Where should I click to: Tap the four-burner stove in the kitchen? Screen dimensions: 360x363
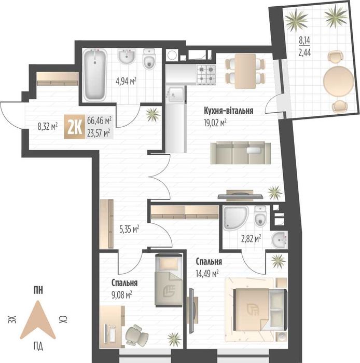(x=206, y=75)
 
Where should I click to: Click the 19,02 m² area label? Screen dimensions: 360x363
(x=215, y=123)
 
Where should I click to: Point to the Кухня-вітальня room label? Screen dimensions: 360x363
(x=228, y=111)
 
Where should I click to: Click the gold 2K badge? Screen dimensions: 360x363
(x=75, y=127)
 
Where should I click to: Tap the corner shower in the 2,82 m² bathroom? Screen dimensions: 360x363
(x=236, y=218)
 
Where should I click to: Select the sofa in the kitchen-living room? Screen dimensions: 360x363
(x=240, y=153)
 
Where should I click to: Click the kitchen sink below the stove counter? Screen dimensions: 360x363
(x=176, y=95)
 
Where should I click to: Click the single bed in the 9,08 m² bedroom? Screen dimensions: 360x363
(x=169, y=280)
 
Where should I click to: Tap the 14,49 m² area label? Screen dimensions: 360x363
(x=207, y=274)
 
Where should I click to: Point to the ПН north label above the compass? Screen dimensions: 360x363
(x=38, y=290)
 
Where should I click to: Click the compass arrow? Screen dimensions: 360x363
(x=38, y=320)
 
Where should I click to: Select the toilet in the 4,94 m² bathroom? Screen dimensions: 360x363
(x=149, y=59)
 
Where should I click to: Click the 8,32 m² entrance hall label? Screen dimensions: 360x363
(x=48, y=126)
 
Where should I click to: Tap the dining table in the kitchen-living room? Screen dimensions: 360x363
(x=245, y=71)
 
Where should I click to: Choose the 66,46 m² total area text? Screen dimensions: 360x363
(x=100, y=120)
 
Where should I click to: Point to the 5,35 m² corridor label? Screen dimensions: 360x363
(x=129, y=230)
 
